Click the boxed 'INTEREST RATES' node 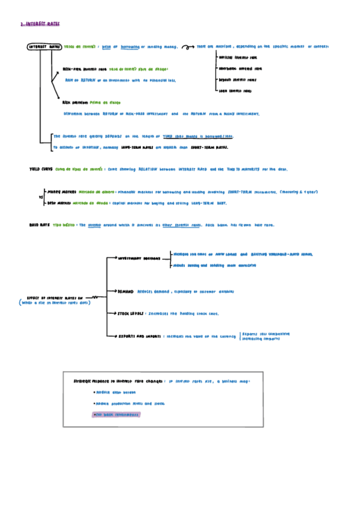coord(44,47)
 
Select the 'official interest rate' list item coord(237,58)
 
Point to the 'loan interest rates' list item coord(235,91)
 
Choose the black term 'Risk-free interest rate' coord(85,69)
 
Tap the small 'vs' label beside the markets coord(40,196)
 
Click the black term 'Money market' coord(62,192)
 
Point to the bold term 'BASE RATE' coord(40,225)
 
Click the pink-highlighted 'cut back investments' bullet coord(116,415)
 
